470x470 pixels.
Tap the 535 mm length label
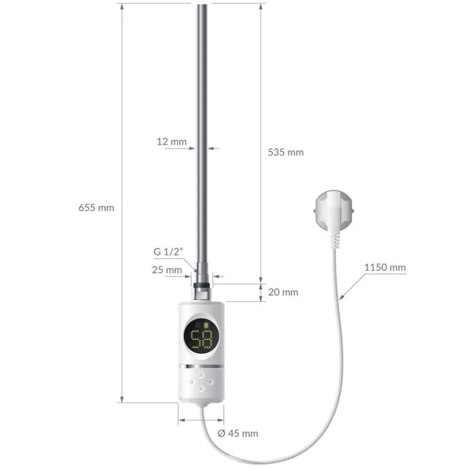point(286,152)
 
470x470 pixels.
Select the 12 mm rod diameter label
point(172,142)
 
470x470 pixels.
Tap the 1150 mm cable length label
point(385,267)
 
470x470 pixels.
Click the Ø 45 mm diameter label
point(238,434)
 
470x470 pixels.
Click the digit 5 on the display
point(194,340)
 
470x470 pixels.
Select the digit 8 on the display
point(208,340)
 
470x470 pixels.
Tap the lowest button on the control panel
point(202,388)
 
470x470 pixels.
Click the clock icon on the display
point(198,325)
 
